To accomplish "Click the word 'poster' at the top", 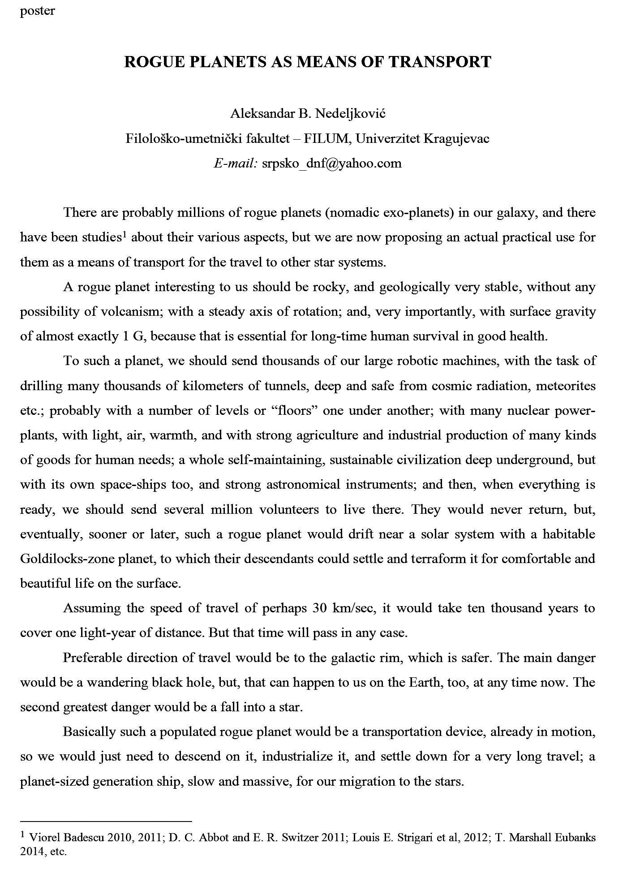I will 37,11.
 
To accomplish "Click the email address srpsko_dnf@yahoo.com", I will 331,163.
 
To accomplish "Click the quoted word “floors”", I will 292,411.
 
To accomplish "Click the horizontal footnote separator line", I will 106,822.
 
